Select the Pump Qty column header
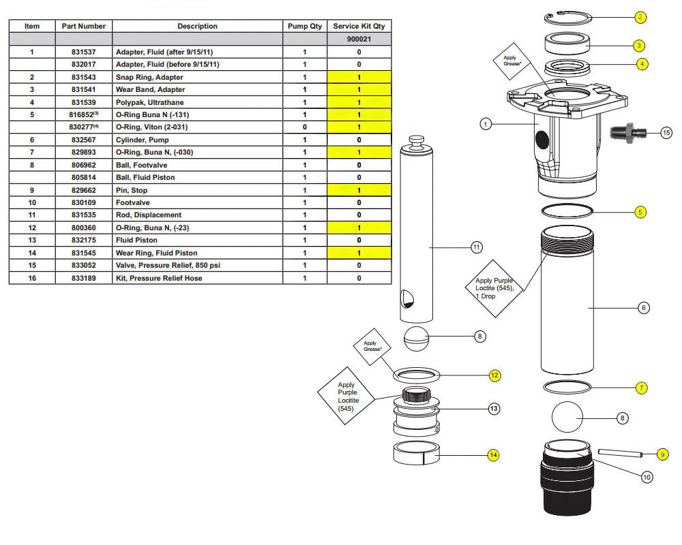coord(305,27)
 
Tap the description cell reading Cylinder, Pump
coord(198,140)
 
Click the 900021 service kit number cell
coord(359,40)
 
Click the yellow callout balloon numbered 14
coord(493,454)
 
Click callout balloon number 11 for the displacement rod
coord(476,246)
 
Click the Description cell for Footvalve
coord(198,202)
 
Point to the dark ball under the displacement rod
coord(417,337)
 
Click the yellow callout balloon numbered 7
coord(641,388)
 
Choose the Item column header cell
coord(32,27)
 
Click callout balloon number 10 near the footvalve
coord(647,477)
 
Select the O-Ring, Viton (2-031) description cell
coord(198,127)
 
